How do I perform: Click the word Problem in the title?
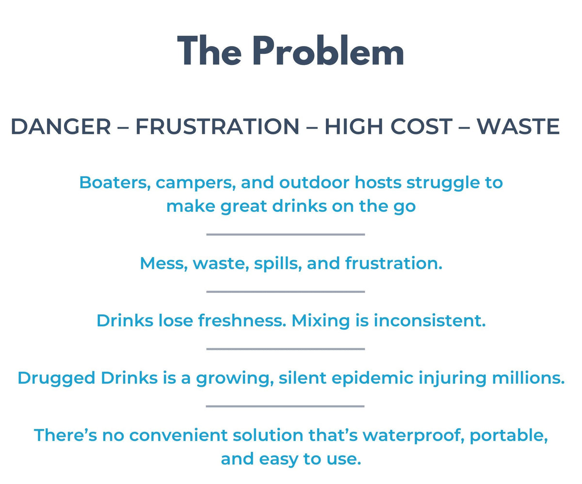click(x=328, y=50)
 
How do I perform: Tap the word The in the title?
click(x=210, y=50)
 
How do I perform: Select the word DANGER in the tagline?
click(x=61, y=127)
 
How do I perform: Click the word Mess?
click(x=163, y=263)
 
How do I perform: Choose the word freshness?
click(x=242, y=321)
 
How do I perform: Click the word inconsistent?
click(x=430, y=321)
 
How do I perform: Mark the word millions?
click(x=528, y=378)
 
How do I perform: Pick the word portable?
click(x=509, y=436)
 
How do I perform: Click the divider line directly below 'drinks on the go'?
click(x=286, y=234)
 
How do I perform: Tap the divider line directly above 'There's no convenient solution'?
click(x=285, y=406)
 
